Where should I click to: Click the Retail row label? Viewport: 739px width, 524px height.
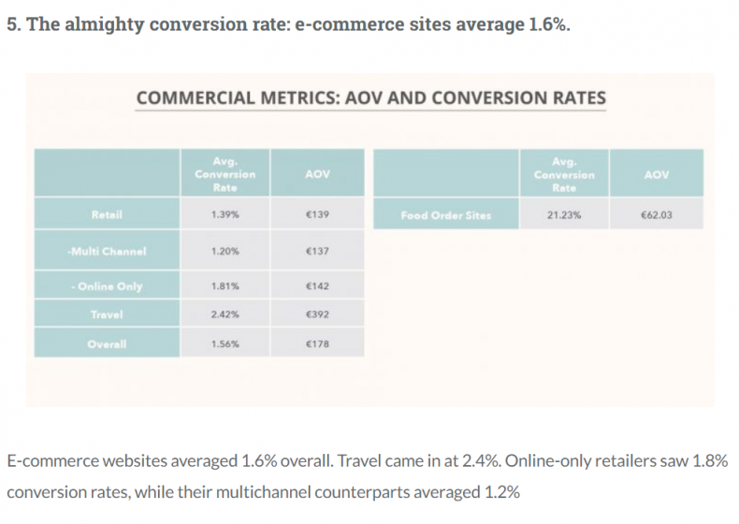pos(107,215)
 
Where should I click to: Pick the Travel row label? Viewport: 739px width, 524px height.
pos(108,315)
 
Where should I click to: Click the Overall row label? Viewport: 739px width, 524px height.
pos(108,344)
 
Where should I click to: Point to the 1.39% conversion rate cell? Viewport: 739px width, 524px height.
pos(225,215)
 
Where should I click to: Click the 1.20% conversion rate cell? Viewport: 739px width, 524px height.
pos(225,251)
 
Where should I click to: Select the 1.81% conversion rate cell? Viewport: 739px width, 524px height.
pos(225,285)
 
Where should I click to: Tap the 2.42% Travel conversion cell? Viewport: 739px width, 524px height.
pos(225,315)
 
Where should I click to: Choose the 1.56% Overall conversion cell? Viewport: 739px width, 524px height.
pos(225,344)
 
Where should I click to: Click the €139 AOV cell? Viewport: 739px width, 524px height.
pos(318,215)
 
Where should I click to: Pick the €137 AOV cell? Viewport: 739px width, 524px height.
pos(318,251)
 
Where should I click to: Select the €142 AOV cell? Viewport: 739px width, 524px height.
pos(318,285)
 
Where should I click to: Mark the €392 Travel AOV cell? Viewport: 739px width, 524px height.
pos(318,315)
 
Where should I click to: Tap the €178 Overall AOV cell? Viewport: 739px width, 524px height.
pos(318,344)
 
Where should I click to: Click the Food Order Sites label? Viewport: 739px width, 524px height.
pos(445,215)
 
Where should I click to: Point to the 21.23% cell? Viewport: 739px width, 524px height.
pos(564,215)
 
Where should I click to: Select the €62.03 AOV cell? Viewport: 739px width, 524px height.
pos(657,215)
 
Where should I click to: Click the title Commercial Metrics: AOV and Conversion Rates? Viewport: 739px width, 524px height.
pos(370,98)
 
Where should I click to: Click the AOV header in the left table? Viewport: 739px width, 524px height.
pos(318,174)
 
